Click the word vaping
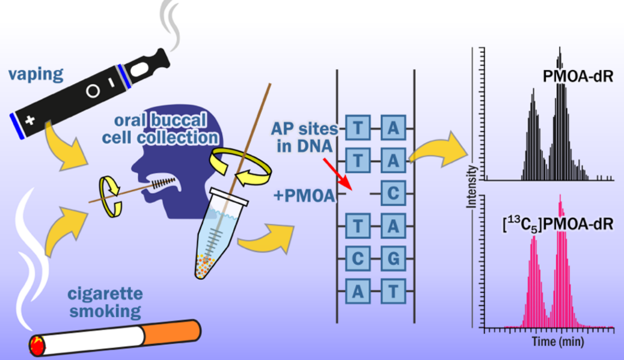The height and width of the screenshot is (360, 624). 36,75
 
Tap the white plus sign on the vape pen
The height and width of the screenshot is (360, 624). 30,121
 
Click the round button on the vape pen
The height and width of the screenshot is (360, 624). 93,91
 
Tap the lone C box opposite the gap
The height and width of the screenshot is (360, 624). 393,194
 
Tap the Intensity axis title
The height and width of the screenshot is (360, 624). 473,189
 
